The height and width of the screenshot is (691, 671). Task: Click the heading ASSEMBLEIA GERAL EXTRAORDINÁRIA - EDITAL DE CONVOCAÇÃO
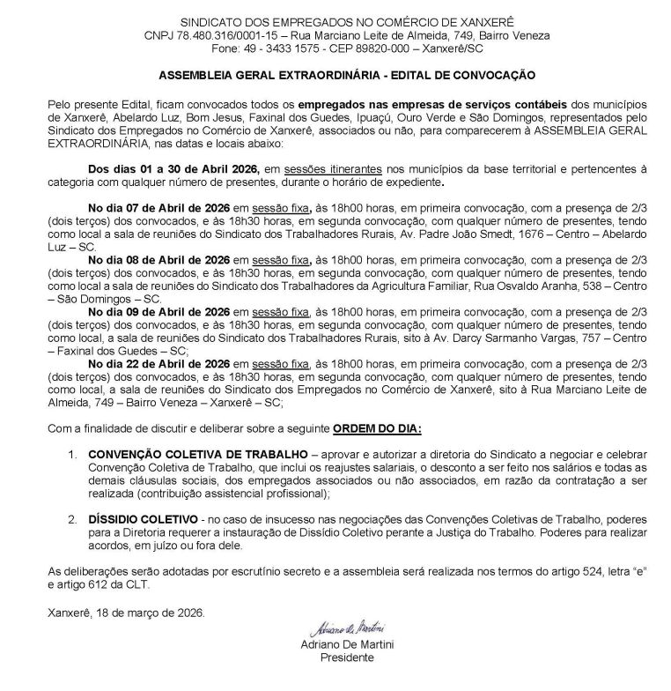(x=335, y=77)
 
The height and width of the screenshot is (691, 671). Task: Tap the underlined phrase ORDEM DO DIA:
(x=377, y=427)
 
